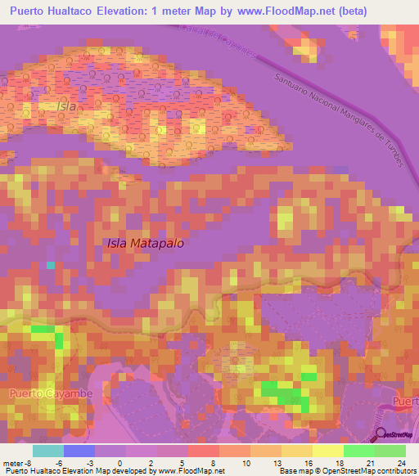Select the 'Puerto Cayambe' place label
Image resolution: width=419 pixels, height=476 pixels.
pyautogui.click(x=51, y=394)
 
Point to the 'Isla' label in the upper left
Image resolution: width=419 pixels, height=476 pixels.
pyautogui.click(x=67, y=107)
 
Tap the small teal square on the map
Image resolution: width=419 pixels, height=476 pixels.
pyautogui.click(x=51, y=265)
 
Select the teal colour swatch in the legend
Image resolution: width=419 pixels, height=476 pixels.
pyautogui.click(x=47, y=451)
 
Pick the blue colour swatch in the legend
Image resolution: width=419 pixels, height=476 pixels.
pyautogui.click(x=79, y=451)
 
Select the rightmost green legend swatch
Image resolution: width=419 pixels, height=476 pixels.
pyautogui.click(x=390, y=451)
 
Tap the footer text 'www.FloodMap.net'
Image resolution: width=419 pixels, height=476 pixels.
pyautogui.click(x=190, y=470)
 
